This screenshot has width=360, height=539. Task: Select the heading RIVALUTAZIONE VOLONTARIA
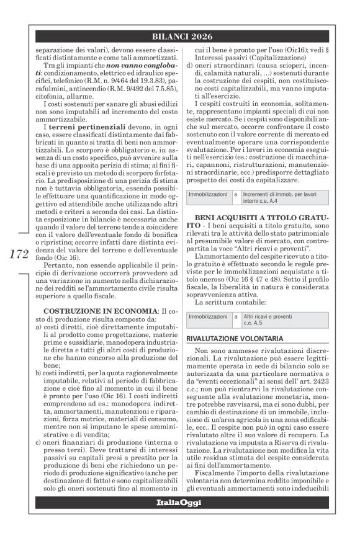[236, 339]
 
